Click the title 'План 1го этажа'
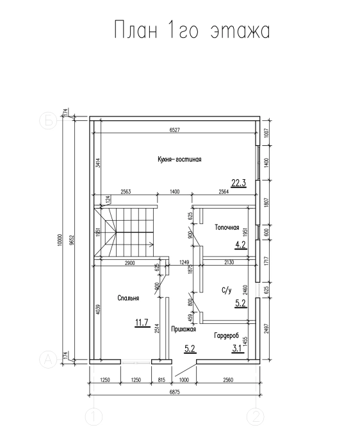coord(192,29)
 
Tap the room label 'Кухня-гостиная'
coord(179,159)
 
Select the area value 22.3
coord(239,182)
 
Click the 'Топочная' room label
coord(227,227)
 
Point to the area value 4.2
coord(240,245)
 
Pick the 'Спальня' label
coord(128,298)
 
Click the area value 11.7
coord(142,323)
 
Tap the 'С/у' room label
coord(227,291)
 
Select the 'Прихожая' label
coord(184,329)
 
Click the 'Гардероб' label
coord(227,336)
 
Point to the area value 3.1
coord(238,348)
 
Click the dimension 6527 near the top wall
coord(175,130)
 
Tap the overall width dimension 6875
coord(175,392)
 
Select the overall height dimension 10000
coord(60,240)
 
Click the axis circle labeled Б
coord(48,121)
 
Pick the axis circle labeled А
coord(48,360)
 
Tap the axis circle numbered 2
coord(256,417)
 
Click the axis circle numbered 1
coord(94,417)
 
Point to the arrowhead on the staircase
coord(151,244)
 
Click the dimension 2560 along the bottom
coord(228,380)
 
